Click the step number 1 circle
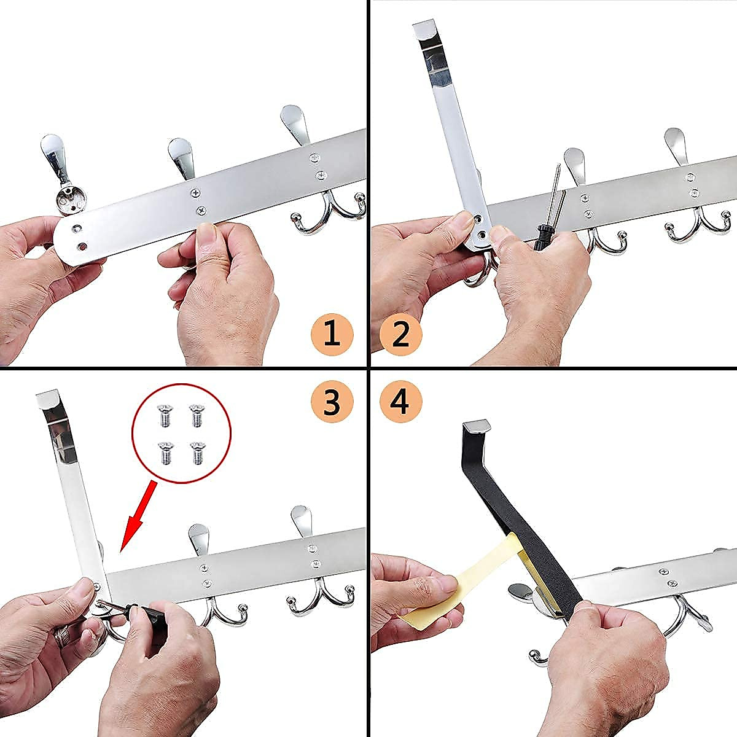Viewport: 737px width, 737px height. [x=332, y=335]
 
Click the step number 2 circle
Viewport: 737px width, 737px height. [x=400, y=335]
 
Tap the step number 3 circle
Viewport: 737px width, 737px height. [x=332, y=402]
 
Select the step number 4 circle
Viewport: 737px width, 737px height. [x=400, y=402]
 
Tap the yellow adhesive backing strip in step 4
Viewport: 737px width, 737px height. [x=454, y=580]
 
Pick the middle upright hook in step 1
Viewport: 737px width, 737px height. [x=179, y=160]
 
